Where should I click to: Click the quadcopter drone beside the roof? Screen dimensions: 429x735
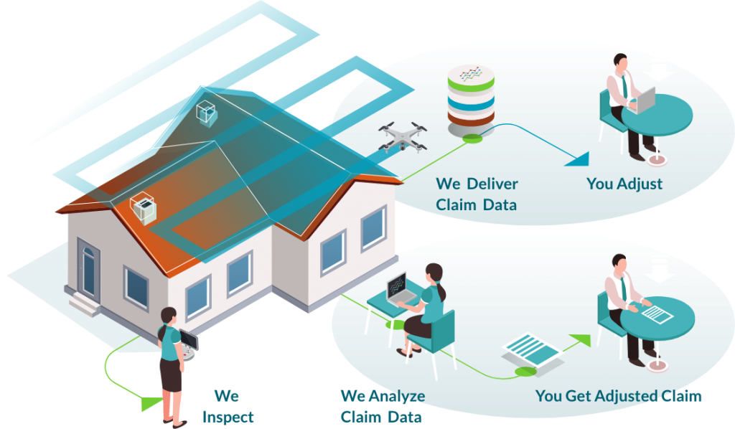click(403, 136)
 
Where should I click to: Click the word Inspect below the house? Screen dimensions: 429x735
click(228, 417)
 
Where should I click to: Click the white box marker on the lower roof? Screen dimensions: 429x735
click(143, 209)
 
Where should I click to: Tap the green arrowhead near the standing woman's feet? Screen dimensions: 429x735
click(149, 403)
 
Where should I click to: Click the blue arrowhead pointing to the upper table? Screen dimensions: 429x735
click(579, 159)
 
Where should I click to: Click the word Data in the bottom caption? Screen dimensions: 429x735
click(406, 417)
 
